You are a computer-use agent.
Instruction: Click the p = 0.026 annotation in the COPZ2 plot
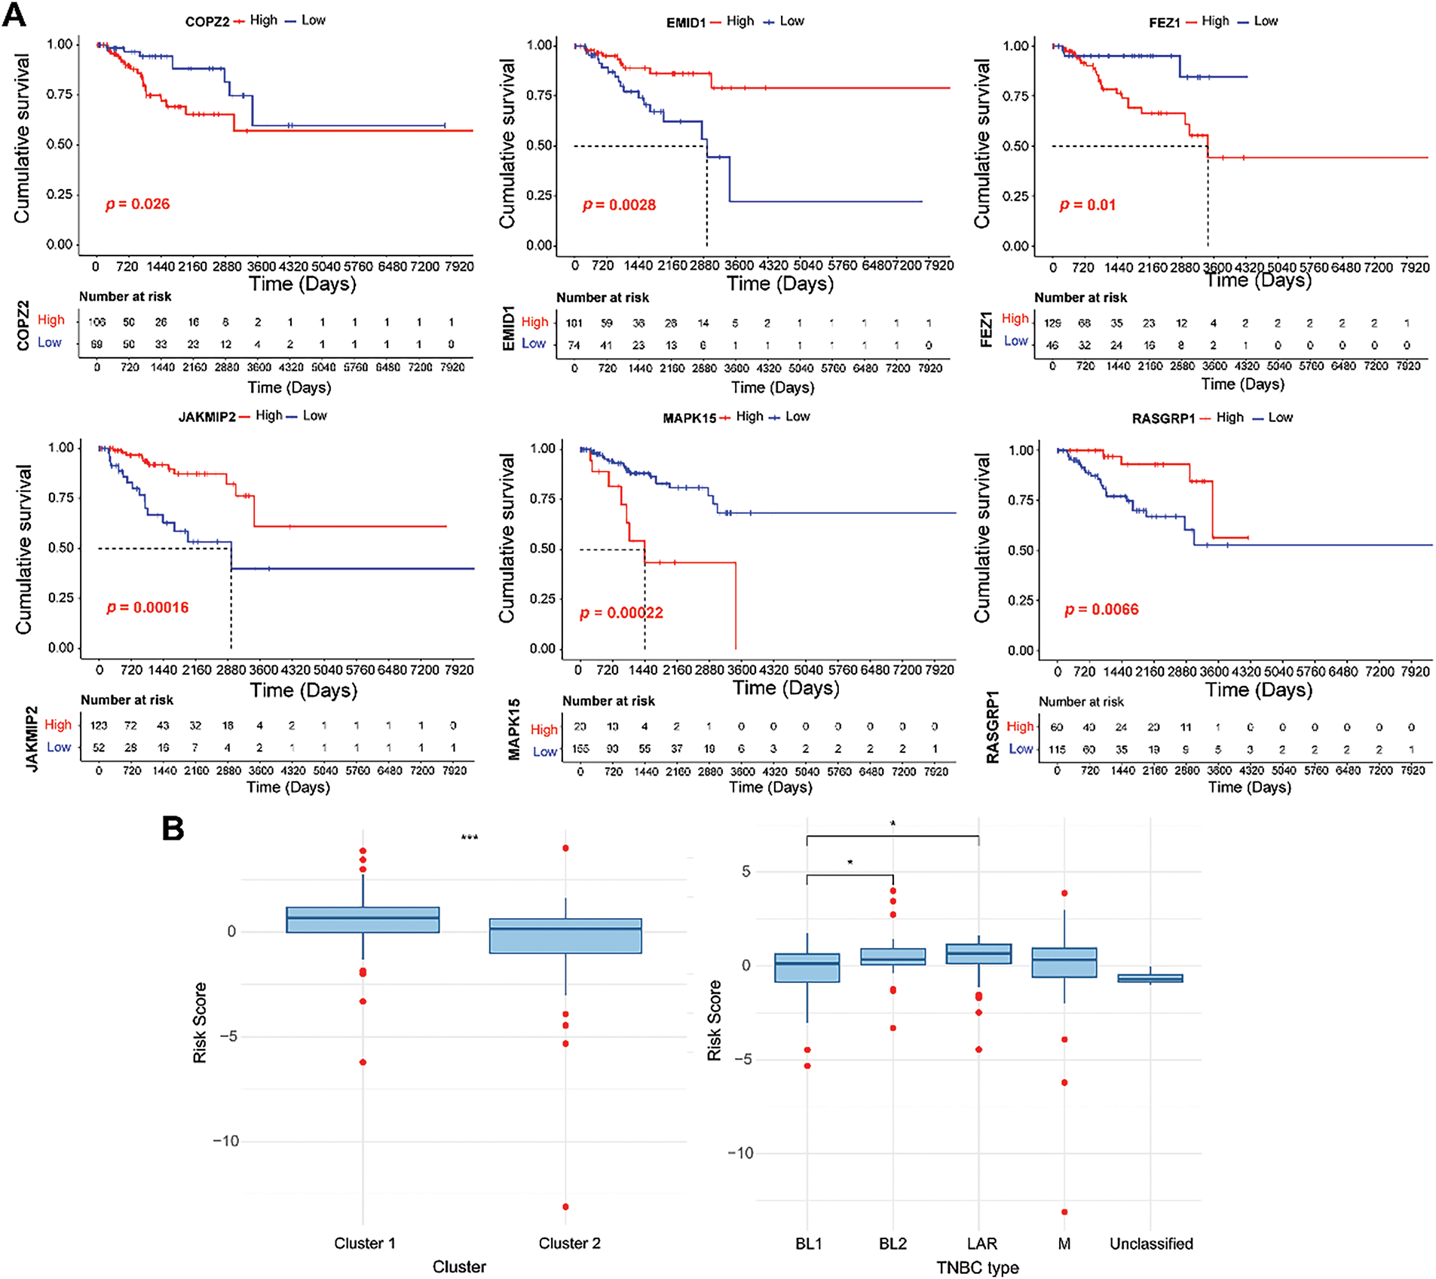pyautogui.click(x=137, y=204)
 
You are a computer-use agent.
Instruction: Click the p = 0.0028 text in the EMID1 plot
pyautogui.click(x=619, y=205)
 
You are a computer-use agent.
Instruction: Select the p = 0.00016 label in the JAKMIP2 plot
pyautogui.click(x=147, y=607)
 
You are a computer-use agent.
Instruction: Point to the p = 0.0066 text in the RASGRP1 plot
pyautogui.click(x=1101, y=610)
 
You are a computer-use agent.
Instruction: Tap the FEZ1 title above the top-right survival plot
pyautogui.click(x=1164, y=23)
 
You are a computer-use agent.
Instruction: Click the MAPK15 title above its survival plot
pyautogui.click(x=689, y=418)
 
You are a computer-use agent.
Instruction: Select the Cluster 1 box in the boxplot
pyautogui.click(x=363, y=920)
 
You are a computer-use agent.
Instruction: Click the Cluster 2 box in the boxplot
pyautogui.click(x=565, y=936)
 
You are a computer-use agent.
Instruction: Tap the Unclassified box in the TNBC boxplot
pyautogui.click(x=1150, y=978)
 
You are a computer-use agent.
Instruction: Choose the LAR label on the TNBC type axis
pyautogui.click(x=981, y=1244)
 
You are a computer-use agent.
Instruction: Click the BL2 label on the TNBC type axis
pyautogui.click(x=893, y=1244)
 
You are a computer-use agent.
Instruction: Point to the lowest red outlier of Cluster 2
pyautogui.click(x=565, y=1207)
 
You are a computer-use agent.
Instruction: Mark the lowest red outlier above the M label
pyautogui.click(x=1064, y=1212)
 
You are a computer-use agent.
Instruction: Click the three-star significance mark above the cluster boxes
pyautogui.click(x=469, y=837)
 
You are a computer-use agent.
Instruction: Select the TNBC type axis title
pyautogui.click(x=977, y=1268)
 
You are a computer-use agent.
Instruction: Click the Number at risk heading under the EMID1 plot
pyautogui.click(x=602, y=298)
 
